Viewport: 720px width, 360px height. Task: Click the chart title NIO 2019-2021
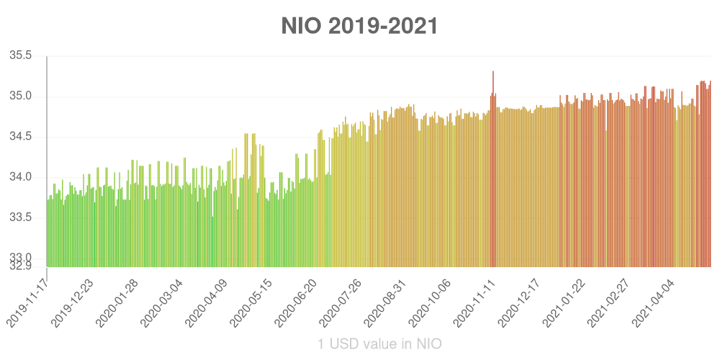[359, 27]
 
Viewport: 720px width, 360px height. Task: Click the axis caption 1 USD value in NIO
[379, 343]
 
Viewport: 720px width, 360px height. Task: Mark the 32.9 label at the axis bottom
[21, 266]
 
